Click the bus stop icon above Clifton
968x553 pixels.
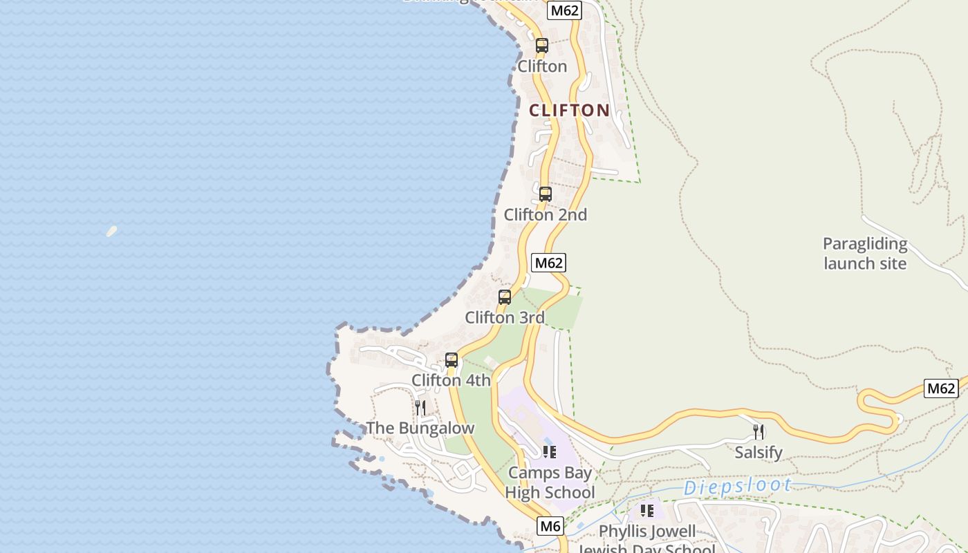click(542, 46)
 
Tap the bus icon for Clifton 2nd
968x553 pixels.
click(546, 194)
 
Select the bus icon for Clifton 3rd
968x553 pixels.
click(505, 297)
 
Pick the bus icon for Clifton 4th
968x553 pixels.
click(452, 360)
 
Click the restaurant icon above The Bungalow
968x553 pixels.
click(420, 408)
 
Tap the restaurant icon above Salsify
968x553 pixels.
click(758, 432)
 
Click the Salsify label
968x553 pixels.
click(758, 453)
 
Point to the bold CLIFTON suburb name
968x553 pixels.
click(570, 110)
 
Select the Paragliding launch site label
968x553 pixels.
click(864, 253)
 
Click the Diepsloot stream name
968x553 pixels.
click(737, 487)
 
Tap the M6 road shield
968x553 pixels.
click(550, 526)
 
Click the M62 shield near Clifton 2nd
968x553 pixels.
click(549, 263)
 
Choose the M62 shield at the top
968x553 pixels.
click(564, 10)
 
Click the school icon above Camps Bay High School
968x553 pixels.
click(550, 452)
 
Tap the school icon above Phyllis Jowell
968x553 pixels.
click(646, 511)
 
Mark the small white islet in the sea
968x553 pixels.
click(111, 231)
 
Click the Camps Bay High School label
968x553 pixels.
click(550, 482)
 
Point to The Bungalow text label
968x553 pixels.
click(420, 428)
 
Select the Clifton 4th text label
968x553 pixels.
click(451, 380)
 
